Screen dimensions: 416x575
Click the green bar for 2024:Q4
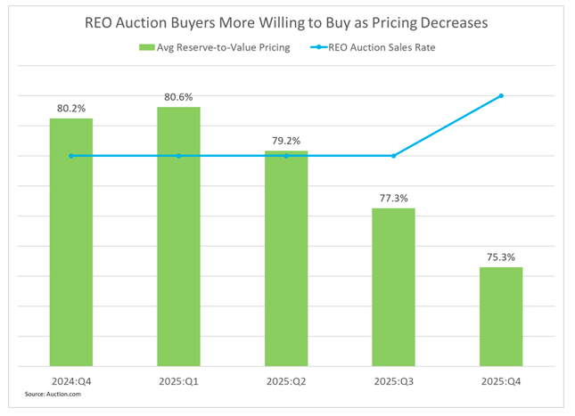click(71, 241)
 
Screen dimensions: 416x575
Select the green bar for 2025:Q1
click(178, 236)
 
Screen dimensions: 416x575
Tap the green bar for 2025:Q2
click(286, 258)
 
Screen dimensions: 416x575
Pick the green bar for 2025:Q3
click(393, 287)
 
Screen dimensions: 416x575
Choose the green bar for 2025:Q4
click(501, 316)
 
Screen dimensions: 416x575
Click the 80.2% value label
click(71, 109)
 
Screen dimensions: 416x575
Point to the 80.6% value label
click(178, 97)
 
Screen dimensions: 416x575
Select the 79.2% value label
click(286, 141)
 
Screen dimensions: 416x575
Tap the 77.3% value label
click(393, 198)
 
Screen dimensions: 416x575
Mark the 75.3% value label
click(501, 257)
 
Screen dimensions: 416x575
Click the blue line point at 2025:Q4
click(501, 95)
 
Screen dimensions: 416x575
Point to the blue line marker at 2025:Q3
click(393, 156)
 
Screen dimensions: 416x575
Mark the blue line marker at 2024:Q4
click(71, 156)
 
